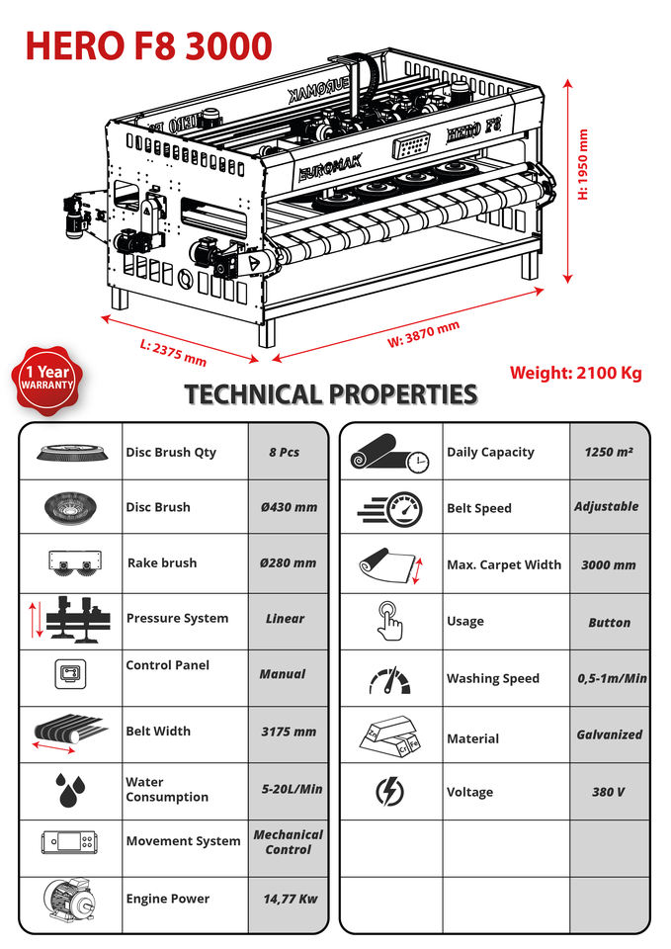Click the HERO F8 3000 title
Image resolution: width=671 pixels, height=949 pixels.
click(x=148, y=45)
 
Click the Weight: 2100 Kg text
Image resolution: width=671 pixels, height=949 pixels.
click(x=575, y=373)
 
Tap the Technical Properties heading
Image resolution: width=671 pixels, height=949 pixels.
click(x=331, y=394)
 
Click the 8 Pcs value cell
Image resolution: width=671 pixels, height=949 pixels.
click(x=288, y=452)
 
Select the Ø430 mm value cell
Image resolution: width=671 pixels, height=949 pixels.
click(x=288, y=507)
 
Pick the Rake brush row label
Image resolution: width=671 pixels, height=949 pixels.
click(x=162, y=562)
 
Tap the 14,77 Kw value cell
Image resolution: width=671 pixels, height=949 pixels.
click(x=288, y=900)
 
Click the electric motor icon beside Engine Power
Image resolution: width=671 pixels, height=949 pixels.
click(x=69, y=900)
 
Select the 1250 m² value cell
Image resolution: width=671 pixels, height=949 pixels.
click(x=609, y=452)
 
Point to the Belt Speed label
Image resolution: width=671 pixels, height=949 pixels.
click(x=479, y=508)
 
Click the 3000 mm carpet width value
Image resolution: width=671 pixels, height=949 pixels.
click(x=609, y=564)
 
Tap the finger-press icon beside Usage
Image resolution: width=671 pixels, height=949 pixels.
click(x=390, y=621)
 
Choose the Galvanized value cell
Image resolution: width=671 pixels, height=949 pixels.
click(x=609, y=734)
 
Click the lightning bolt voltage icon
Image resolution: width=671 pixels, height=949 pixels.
click(x=390, y=792)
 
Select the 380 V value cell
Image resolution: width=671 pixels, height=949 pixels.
click(x=609, y=792)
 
